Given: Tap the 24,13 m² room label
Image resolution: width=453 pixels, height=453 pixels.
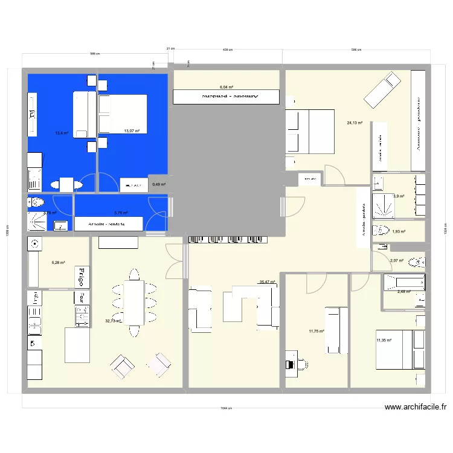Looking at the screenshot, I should click(355, 123).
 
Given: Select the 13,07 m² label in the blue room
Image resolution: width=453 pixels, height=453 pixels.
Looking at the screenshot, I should click(132, 131).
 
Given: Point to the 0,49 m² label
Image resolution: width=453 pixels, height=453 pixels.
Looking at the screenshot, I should click(159, 185).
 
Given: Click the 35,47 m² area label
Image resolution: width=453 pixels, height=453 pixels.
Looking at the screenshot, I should click(267, 282).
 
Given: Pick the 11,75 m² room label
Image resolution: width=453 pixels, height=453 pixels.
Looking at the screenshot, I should click(316, 331).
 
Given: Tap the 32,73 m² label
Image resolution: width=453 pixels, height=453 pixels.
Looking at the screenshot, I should click(114, 321).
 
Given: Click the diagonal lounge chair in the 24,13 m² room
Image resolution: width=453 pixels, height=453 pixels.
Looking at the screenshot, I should click(382, 89).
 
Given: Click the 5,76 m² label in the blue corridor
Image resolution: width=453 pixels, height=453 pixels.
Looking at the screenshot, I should click(121, 213).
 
